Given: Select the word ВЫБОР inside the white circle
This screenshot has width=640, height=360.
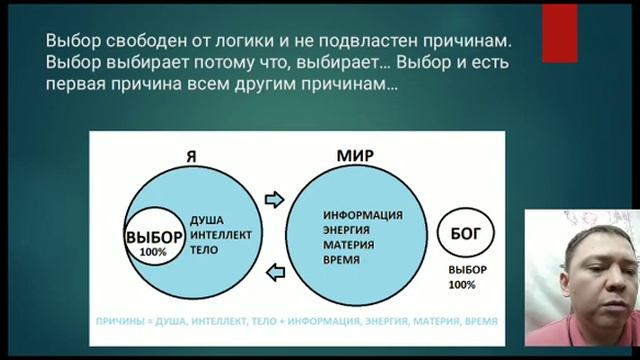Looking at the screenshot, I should click(x=154, y=237).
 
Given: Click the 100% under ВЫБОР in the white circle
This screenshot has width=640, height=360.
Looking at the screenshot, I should click(x=154, y=252).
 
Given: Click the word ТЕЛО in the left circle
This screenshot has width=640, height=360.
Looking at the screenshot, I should click(x=205, y=249).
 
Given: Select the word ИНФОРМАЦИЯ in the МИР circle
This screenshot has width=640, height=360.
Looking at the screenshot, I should click(x=363, y=215).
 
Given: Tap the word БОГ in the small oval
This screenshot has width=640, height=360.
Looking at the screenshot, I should click(x=462, y=235).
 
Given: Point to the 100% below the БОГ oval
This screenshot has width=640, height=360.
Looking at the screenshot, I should click(x=462, y=285).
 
